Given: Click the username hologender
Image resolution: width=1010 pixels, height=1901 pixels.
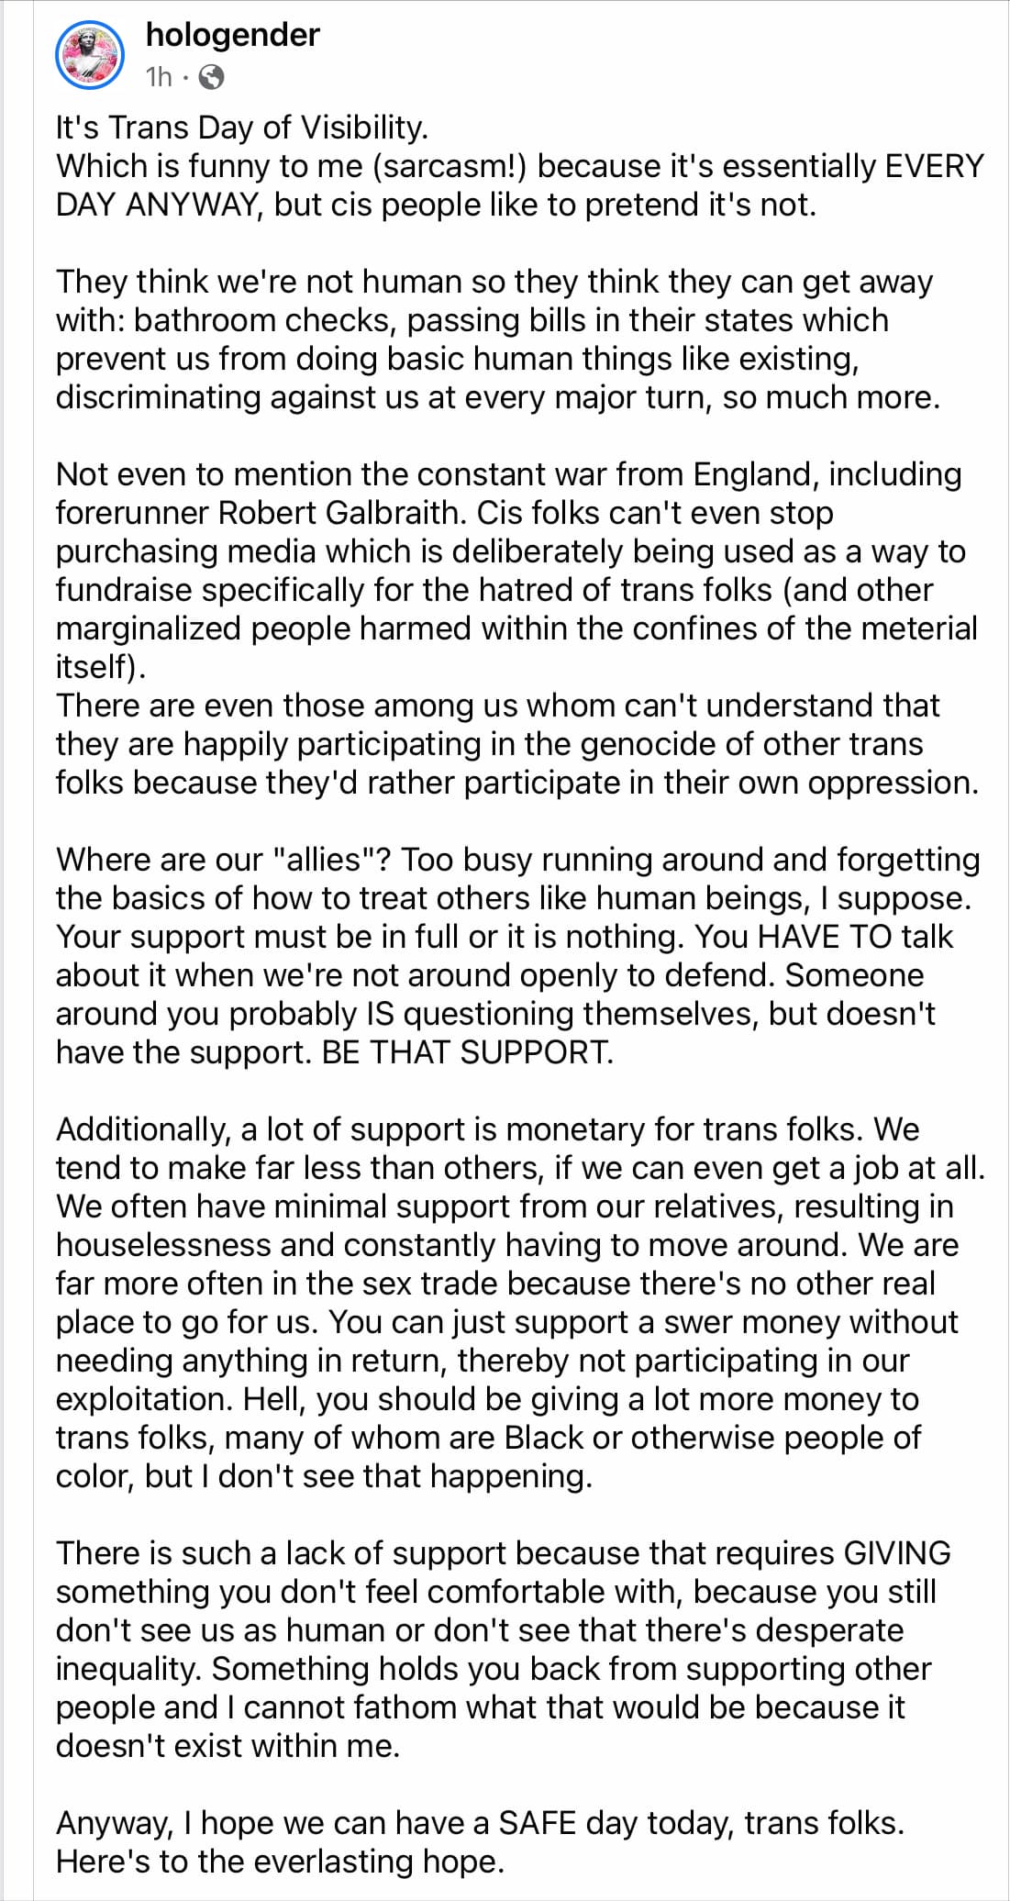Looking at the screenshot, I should tap(232, 35).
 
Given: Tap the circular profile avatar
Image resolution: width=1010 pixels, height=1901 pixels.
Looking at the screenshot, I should tap(89, 56).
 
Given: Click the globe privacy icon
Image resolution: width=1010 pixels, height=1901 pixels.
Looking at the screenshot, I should tap(211, 77).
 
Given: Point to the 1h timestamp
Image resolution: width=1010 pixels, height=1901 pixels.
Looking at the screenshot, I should tap(159, 77).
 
